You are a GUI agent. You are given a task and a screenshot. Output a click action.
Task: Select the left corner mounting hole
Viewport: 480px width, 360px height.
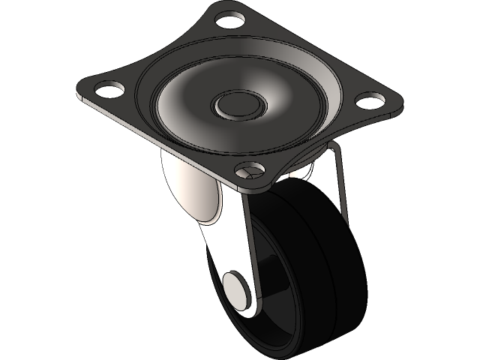point(109,90)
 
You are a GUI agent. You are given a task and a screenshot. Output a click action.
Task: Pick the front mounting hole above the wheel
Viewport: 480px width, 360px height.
point(250,170)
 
